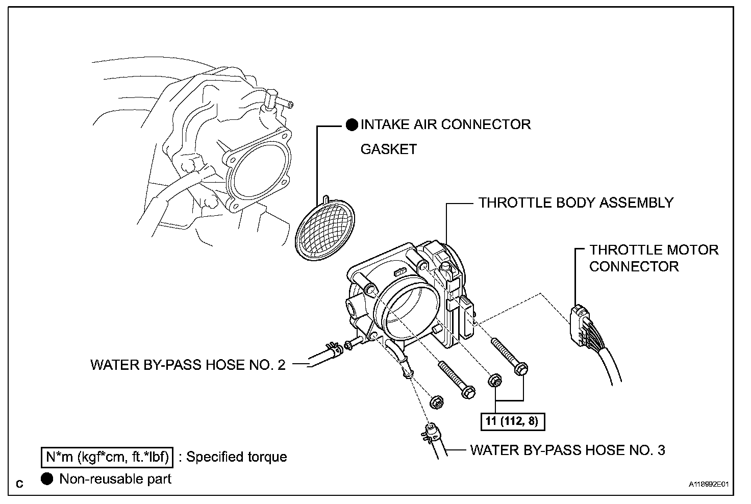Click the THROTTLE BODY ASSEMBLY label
tap(575, 203)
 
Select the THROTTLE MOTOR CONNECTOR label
tap(654, 258)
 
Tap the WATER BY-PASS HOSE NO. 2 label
tap(188, 365)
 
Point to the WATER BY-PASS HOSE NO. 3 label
tap(567, 450)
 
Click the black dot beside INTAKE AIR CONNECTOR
tap(352, 125)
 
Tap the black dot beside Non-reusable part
tap(47, 479)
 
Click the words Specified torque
tap(236, 457)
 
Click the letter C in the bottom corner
tap(20, 484)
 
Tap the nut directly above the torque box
tap(494, 381)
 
